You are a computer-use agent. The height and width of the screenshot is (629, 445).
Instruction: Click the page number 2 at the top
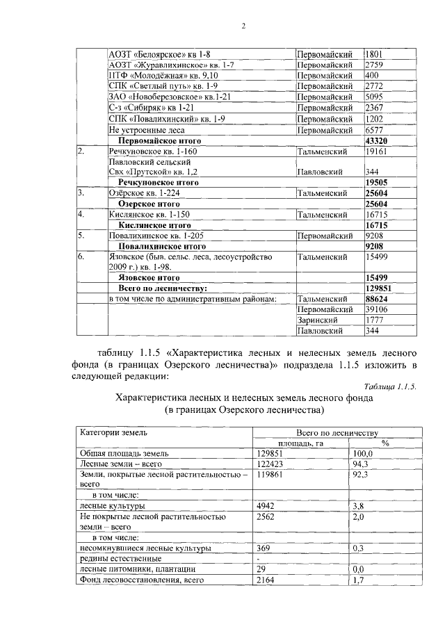243,26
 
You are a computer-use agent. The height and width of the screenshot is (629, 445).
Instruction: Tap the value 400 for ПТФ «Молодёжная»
372,75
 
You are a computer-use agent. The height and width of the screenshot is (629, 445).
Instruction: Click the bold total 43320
377,140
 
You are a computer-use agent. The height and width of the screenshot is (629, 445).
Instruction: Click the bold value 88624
377,299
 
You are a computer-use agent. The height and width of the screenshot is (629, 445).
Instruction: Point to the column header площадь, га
301,443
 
